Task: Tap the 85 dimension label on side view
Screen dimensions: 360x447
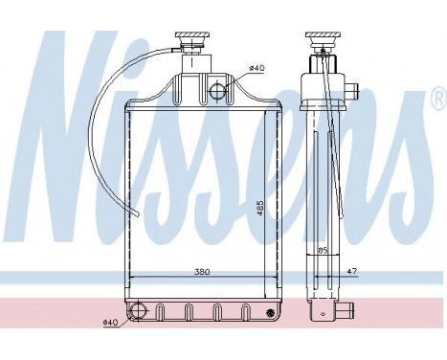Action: point(324,251)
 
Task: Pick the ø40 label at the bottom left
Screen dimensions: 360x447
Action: point(111,321)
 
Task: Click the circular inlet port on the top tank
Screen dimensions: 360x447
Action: point(216,92)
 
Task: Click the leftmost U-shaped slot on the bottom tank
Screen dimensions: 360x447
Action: point(166,311)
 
